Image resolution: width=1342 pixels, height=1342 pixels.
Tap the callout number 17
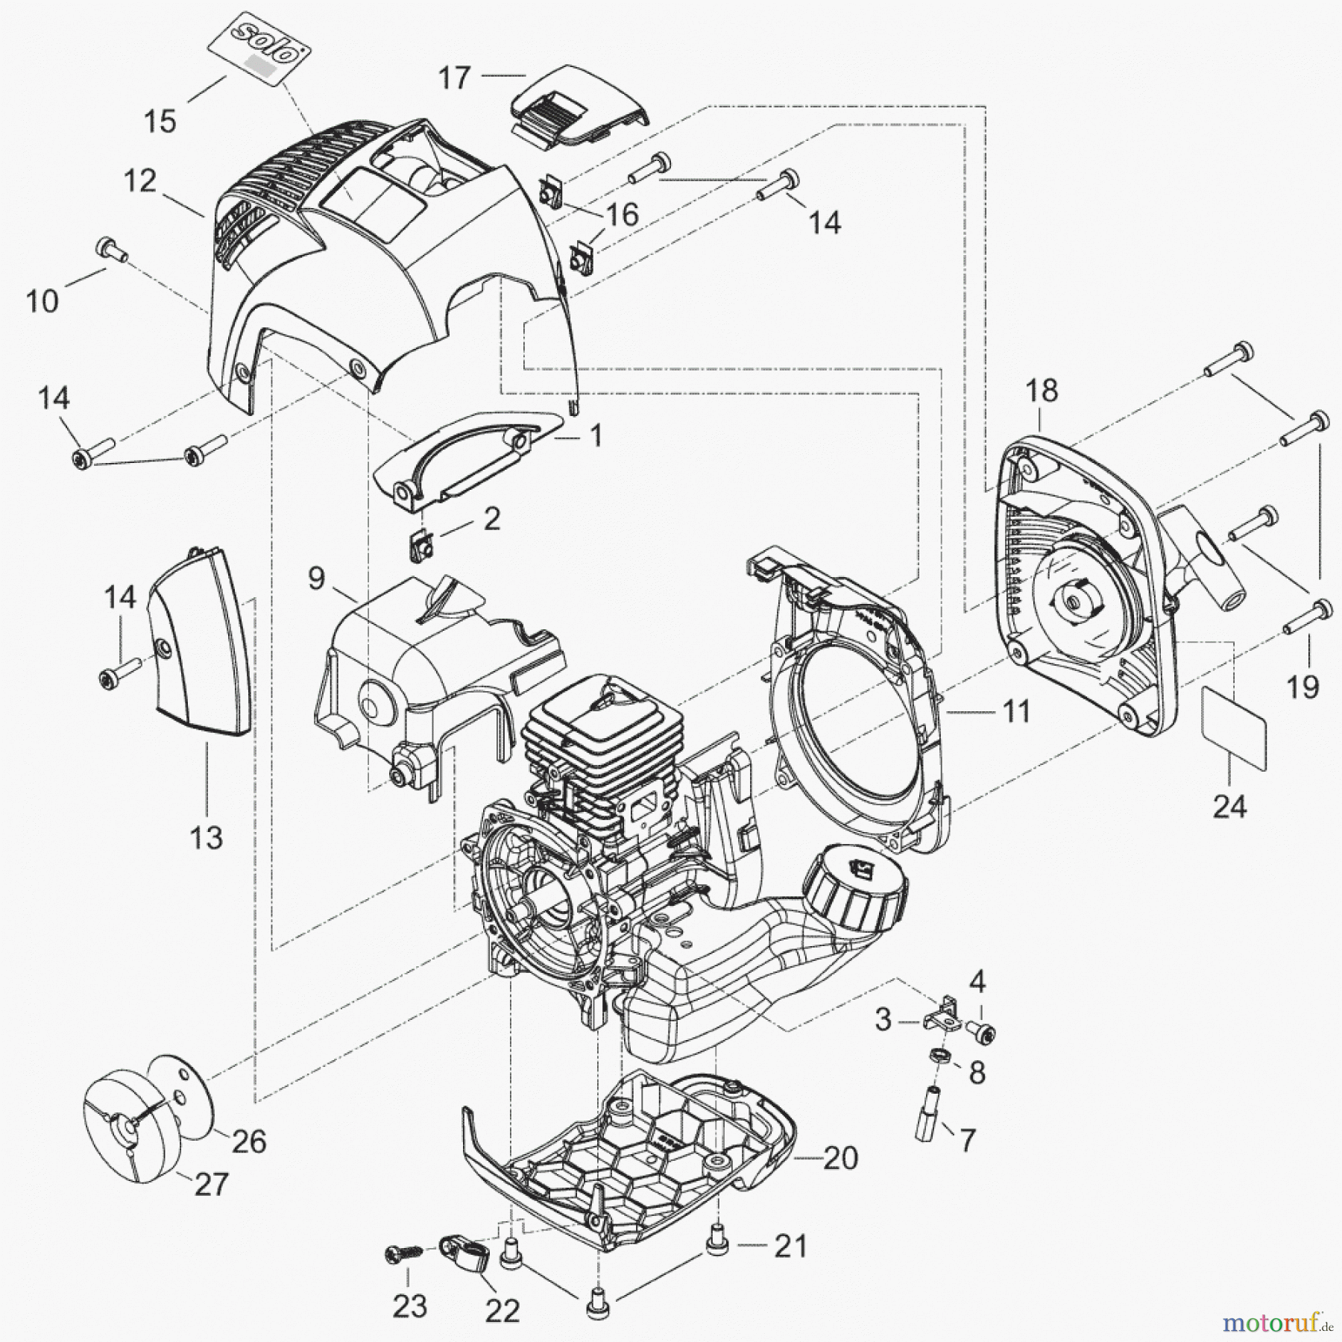coord(454,77)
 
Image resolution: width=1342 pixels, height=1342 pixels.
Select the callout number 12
coord(141,181)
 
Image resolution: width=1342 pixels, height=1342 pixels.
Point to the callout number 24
coord(1229,806)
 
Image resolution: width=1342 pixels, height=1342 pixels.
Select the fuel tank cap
coord(854,892)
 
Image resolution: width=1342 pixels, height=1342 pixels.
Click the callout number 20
coord(840,1158)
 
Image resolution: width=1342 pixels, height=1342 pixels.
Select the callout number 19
coord(1302,687)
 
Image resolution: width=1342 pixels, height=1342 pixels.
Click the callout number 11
coord(1017,711)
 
